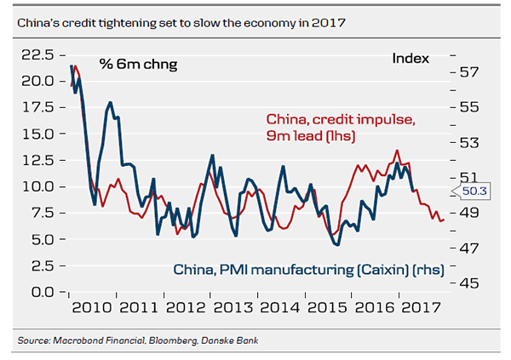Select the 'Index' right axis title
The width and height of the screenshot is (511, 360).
pos(411,59)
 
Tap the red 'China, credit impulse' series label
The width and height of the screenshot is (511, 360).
pos(341,120)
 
